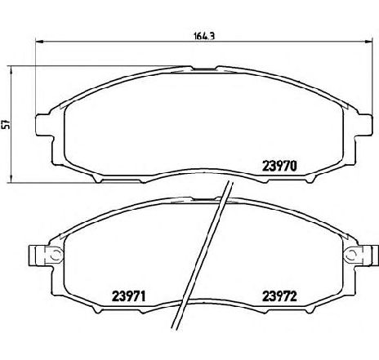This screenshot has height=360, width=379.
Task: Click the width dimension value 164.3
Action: coord(204,36)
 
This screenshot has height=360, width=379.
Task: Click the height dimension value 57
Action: coord(6,124)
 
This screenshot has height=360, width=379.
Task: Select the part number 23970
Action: coord(279,166)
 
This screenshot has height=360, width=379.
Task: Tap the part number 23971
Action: coord(129,296)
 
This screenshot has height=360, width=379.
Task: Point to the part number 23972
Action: coord(279,296)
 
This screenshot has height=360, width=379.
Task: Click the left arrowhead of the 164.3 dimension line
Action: coord(40,42)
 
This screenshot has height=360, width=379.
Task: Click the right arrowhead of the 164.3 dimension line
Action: coord(368,42)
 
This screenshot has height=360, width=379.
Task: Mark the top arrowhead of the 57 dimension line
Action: coord(11,70)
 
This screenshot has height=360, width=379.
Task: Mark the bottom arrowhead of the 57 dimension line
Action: coord(11,178)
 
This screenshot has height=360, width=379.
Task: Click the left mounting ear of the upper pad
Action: coord(43,124)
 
